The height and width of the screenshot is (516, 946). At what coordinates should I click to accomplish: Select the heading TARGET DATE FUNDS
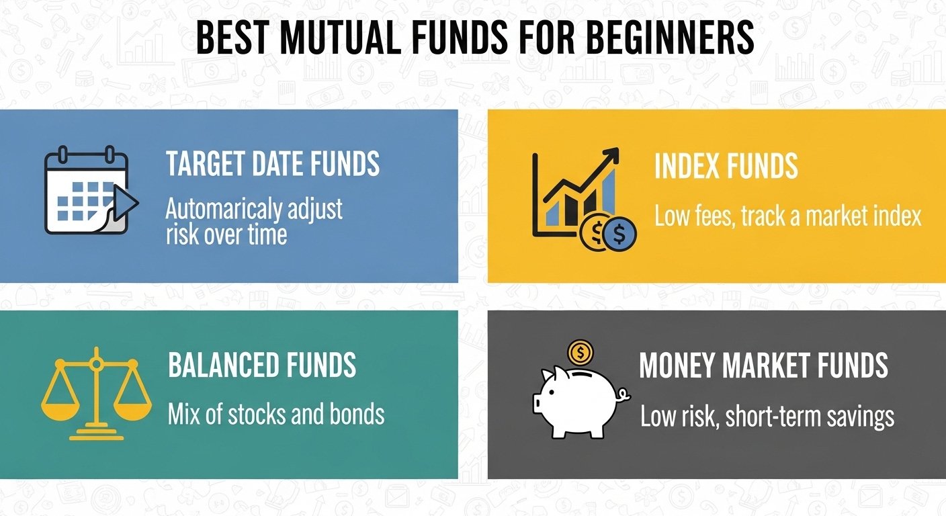[x=273, y=163]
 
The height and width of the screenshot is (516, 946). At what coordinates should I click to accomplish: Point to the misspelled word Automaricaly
[x=224, y=210]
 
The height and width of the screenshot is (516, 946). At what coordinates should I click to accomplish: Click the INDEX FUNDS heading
[x=726, y=165]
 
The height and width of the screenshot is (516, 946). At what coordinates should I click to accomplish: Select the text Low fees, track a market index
[x=787, y=216]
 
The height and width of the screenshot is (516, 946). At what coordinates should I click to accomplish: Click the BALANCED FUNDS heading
[x=262, y=365]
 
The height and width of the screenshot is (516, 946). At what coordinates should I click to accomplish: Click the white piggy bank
[x=578, y=401]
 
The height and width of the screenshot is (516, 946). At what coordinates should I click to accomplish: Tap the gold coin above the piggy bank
[x=580, y=352]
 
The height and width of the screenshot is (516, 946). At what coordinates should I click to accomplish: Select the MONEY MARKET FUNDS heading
[x=763, y=365]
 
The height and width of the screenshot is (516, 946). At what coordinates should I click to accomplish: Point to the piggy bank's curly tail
[x=623, y=395]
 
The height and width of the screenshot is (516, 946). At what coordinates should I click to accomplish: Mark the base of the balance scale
[x=96, y=433]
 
